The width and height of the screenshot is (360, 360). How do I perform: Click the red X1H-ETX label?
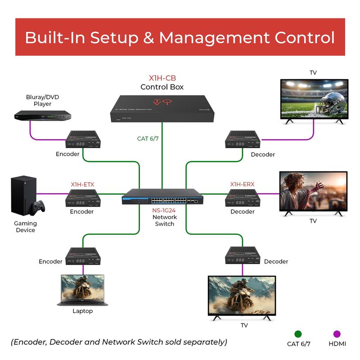(82, 184)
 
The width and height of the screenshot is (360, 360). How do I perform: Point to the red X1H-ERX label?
(242, 184)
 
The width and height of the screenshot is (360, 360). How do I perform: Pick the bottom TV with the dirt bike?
(242, 297)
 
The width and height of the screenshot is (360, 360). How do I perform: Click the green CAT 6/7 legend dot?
(298, 334)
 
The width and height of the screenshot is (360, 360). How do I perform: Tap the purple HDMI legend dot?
(337, 334)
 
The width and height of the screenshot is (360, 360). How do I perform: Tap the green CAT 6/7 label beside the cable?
(148, 139)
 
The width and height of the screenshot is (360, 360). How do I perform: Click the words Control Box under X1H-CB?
(162, 87)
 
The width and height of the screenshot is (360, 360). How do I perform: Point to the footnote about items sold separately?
(119, 342)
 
